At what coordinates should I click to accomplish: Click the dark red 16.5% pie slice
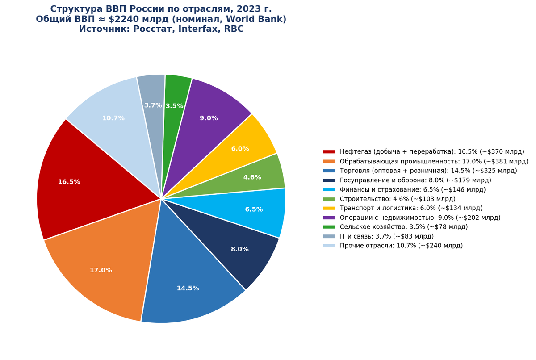pos(84,182)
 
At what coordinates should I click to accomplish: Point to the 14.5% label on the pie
pos(188,288)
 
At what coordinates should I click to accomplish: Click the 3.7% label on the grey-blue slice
pos(153,105)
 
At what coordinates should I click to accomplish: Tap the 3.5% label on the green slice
pos(175,106)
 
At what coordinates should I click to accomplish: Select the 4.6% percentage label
pos(252,177)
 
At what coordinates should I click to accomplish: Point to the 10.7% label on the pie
pos(113,118)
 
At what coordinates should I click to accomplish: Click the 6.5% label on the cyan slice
pos(254,209)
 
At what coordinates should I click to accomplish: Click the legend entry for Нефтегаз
pos(424,152)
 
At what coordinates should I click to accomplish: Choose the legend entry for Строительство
pos(389,199)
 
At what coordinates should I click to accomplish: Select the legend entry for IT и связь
pos(378,236)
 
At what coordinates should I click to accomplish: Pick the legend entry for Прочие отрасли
pos(393,246)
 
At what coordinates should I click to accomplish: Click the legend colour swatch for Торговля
pos(329,171)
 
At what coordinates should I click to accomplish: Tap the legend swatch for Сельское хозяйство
pos(329,227)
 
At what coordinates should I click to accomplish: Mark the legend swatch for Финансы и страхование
pos(329,189)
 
